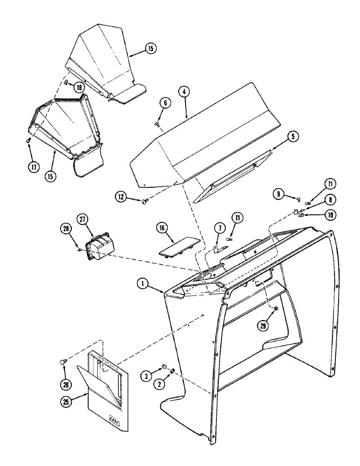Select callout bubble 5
(x=292, y=137)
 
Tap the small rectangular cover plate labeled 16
(x=179, y=247)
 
